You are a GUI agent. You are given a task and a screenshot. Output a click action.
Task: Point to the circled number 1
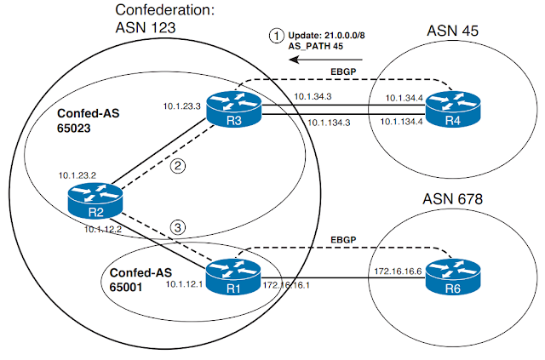pos(275,37)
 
